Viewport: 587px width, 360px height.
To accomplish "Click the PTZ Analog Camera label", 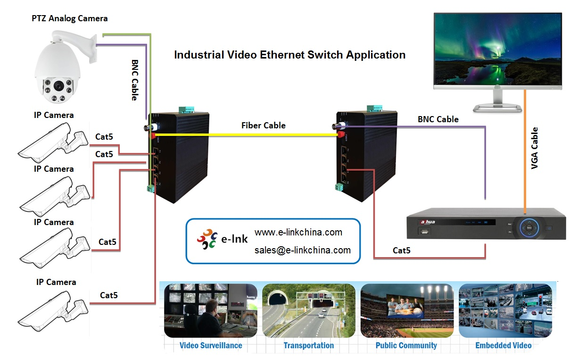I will (x=69, y=18).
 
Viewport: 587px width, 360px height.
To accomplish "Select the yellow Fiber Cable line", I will (x=245, y=134).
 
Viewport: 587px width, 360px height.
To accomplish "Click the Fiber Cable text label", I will (x=263, y=125).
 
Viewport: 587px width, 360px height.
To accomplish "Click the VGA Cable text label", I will (x=535, y=149).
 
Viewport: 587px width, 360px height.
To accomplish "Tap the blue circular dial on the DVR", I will (x=529, y=227).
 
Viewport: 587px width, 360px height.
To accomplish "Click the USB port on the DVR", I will (x=423, y=231).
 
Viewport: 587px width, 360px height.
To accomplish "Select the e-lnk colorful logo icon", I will (x=208, y=239).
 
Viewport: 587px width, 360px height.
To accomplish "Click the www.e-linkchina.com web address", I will (x=298, y=232).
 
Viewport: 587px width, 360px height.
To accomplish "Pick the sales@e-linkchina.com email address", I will (x=302, y=250).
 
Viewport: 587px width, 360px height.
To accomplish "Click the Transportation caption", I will (x=308, y=345).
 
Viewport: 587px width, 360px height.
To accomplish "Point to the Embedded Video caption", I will (x=503, y=345).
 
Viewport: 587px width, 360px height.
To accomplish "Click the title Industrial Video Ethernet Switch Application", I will (x=289, y=55).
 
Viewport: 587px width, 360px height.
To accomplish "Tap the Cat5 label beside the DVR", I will (x=401, y=251).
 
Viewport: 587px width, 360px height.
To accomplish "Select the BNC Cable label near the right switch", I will (x=438, y=119).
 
